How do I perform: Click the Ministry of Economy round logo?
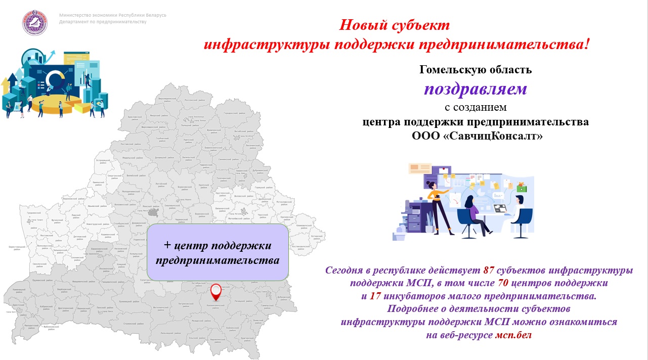pyautogui.click(x=34, y=22)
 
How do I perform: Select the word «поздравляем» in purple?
pyautogui.click(x=475, y=89)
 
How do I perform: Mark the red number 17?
pyautogui.click(x=375, y=296)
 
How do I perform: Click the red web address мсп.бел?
pyautogui.click(x=513, y=335)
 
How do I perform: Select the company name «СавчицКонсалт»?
pyautogui.click(x=489, y=137)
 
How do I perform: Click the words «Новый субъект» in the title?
pyautogui.click(x=394, y=25)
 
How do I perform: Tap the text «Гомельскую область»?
pyautogui.click(x=475, y=70)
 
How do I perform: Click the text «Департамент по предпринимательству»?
pyautogui.click(x=103, y=22)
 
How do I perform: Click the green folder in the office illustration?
pyautogui.click(x=521, y=188)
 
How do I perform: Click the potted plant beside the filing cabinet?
pyautogui.click(x=429, y=221)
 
